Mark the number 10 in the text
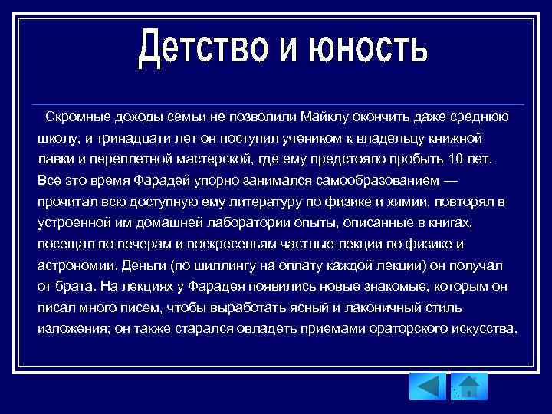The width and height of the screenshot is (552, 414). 454,159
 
